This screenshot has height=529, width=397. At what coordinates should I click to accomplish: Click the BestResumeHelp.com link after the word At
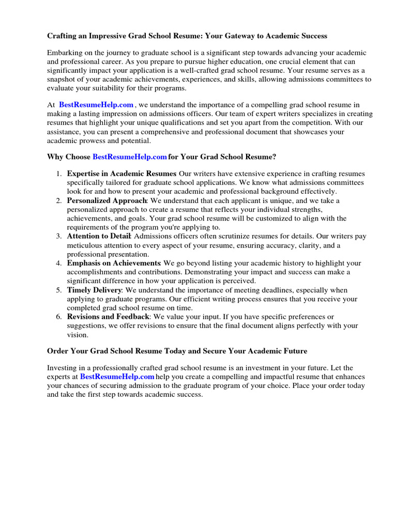click(x=96, y=105)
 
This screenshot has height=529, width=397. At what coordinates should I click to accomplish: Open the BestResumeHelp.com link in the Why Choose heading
click(x=130, y=157)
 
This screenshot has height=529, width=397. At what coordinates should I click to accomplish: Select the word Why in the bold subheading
click(x=55, y=157)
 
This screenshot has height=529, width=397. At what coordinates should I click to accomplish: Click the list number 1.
click(x=59, y=174)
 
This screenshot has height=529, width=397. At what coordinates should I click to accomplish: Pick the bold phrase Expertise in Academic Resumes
click(x=121, y=174)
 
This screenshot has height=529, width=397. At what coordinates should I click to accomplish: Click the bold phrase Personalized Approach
click(x=107, y=200)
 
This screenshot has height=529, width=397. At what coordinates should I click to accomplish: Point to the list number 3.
click(x=59, y=236)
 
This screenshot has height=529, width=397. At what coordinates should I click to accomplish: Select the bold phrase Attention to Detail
click(x=99, y=236)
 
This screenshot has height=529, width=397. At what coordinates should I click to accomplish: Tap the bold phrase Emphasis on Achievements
click(x=114, y=263)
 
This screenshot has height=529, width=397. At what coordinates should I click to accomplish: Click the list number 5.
click(x=59, y=290)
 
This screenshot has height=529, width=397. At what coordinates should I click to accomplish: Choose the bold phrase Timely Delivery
click(x=95, y=290)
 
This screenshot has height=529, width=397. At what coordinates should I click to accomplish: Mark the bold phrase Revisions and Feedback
click(x=108, y=317)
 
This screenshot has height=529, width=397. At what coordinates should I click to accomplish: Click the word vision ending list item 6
click(x=78, y=334)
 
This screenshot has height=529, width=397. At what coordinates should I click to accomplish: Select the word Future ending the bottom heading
click(x=294, y=351)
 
